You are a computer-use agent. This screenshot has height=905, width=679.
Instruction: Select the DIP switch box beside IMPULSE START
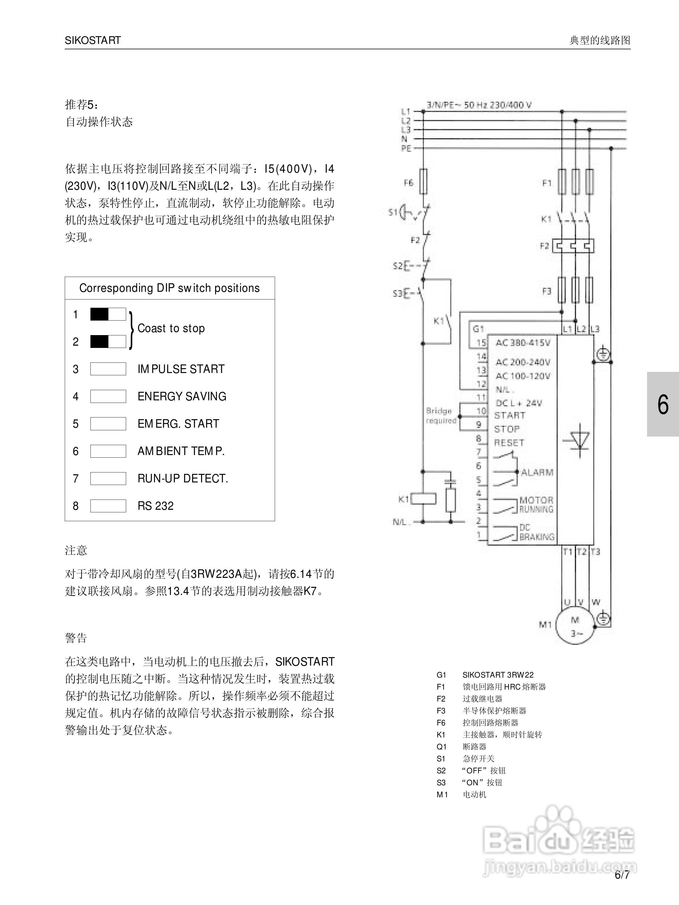pos(108,369)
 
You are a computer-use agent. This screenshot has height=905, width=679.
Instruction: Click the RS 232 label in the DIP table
pos(155,506)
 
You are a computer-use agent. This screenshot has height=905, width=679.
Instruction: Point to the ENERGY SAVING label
pos(181,396)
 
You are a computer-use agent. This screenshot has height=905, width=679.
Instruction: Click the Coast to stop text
pos(171,328)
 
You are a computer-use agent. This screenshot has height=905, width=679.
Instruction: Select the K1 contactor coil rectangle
pos(423,499)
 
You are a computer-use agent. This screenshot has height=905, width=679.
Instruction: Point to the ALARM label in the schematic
pos(537,472)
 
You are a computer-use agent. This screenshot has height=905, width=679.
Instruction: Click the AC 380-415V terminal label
pos(523,343)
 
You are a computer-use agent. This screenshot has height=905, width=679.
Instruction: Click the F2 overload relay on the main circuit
pos(573,246)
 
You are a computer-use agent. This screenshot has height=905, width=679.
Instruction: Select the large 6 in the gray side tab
pos(663,405)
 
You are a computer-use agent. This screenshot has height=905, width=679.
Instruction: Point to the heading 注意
pos(76,550)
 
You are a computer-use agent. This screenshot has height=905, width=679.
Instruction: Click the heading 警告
pos(76,638)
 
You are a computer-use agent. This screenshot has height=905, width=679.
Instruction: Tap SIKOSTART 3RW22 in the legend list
pos(498,675)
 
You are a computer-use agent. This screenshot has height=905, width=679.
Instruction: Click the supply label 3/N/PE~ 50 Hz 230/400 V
pos(479,105)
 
